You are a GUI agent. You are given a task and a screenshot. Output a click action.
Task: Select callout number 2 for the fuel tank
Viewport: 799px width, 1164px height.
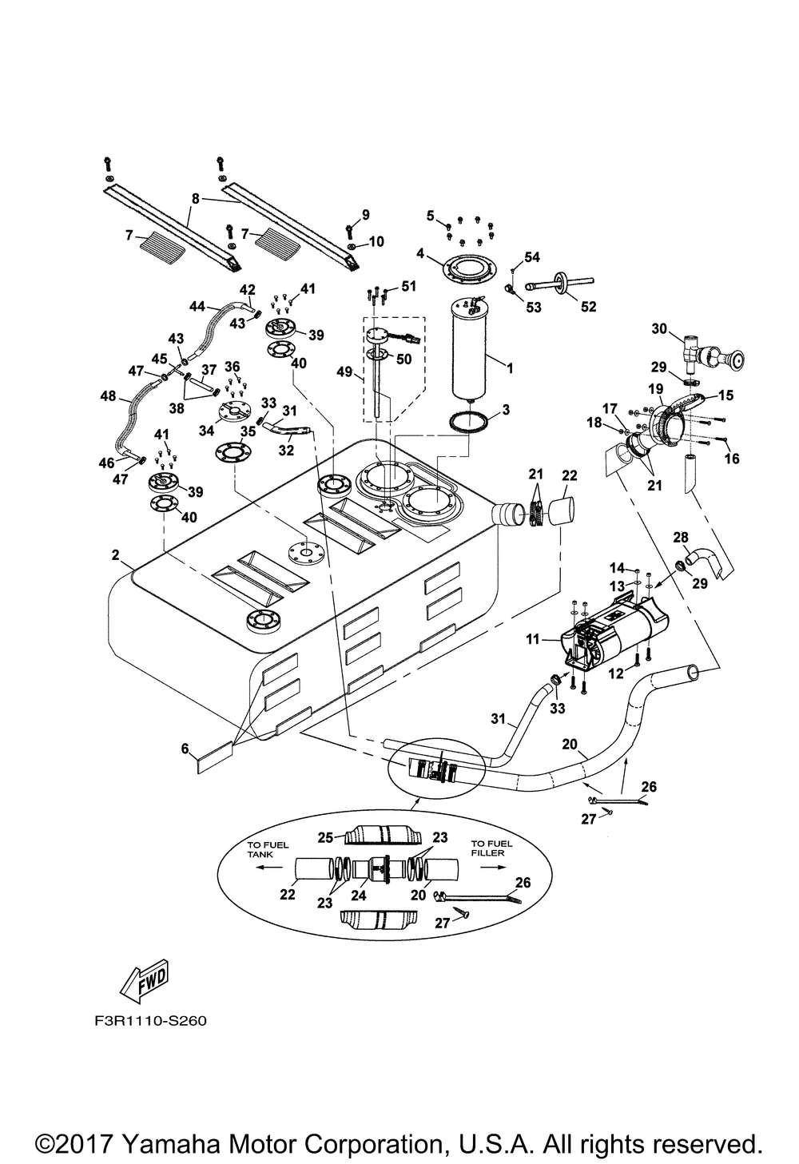point(116,554)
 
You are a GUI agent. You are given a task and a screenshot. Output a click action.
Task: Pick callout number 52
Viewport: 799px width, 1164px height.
point(588,306)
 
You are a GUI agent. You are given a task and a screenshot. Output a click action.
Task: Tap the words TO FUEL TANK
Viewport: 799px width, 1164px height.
point(262,849)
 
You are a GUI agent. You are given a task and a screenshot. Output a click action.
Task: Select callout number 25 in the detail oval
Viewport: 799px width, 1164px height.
point(325,837)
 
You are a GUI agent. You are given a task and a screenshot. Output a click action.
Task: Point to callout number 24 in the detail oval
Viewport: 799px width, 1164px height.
point(359,896)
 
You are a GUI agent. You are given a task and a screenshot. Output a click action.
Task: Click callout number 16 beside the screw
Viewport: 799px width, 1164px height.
point(732,459)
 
